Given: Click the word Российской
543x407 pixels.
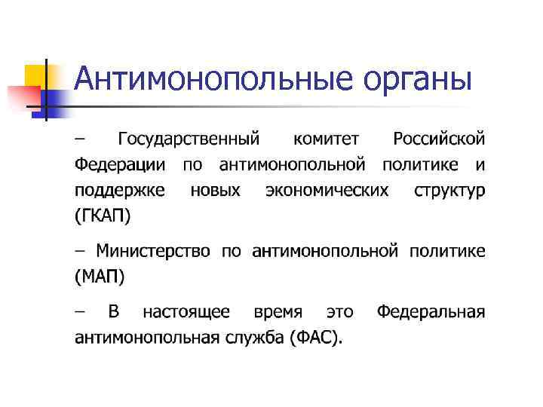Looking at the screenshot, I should (440, 139).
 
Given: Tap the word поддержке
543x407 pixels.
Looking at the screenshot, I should (120, 190).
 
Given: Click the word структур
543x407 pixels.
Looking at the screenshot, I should (449, 190).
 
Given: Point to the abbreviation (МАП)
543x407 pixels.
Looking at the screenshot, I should (100, 276).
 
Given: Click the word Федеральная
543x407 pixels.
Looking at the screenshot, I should (431, 311).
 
